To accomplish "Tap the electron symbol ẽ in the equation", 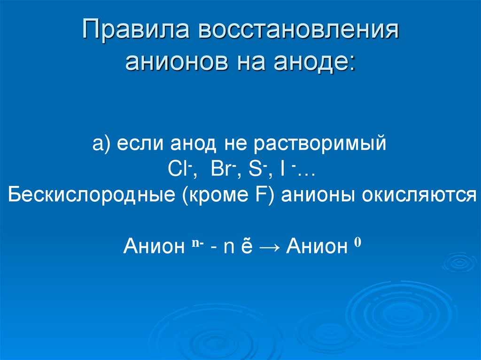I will tap(247, 246).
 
